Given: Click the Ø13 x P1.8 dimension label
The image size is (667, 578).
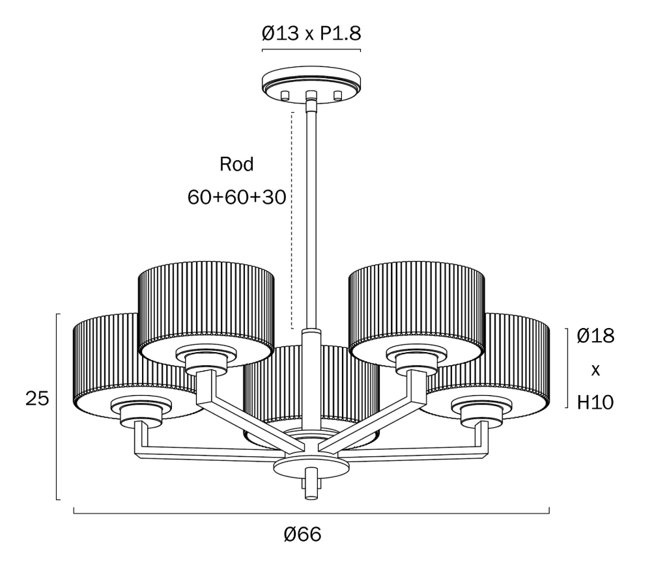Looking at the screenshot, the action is (311, 33).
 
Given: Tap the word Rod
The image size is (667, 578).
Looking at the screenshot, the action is (236, 164).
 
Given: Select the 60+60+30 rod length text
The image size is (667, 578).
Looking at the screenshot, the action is (236, 197).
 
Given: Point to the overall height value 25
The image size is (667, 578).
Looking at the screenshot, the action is (37, 398).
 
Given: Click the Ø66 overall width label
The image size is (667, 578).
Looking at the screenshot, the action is (302, 534).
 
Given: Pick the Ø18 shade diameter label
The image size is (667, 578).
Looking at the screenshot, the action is (595, 336).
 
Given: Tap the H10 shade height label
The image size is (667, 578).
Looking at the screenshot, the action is (595, 402).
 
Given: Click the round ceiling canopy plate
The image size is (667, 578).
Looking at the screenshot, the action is (312, 81).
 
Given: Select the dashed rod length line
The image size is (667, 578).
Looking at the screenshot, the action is (292, 220).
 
